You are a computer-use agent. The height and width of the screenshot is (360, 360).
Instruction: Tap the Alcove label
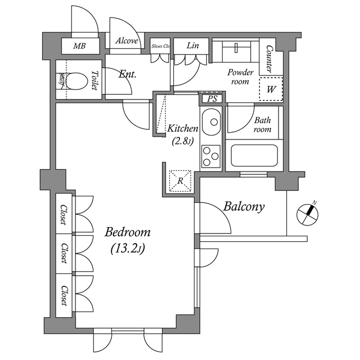click(x=127, y=41)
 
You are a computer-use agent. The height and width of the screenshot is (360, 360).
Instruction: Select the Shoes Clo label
click(x=160, y=46)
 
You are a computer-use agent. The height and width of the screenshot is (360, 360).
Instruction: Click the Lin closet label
click(x=191, y=46)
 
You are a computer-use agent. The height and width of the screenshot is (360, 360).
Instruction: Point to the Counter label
click(x=269, y=59)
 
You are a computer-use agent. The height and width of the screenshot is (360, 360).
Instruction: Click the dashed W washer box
click(x=271, y=89)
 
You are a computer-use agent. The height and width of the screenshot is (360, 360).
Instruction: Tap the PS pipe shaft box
click(x=212, y=99)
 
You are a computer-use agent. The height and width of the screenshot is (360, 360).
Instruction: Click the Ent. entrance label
click(x=128, y=73)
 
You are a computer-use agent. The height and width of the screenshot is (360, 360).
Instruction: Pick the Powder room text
click(x=240, y=76)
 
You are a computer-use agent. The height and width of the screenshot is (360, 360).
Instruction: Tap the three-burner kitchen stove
click(x=212, y=156)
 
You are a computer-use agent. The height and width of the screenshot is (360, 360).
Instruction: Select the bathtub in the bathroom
click(x=254, y=155)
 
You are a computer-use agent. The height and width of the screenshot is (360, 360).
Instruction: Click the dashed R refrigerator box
click(x=181, y=181)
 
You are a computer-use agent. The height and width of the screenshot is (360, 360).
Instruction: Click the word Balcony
click(x=244, y=206)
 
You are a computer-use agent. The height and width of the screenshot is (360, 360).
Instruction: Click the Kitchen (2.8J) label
click(x=182, y=135)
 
